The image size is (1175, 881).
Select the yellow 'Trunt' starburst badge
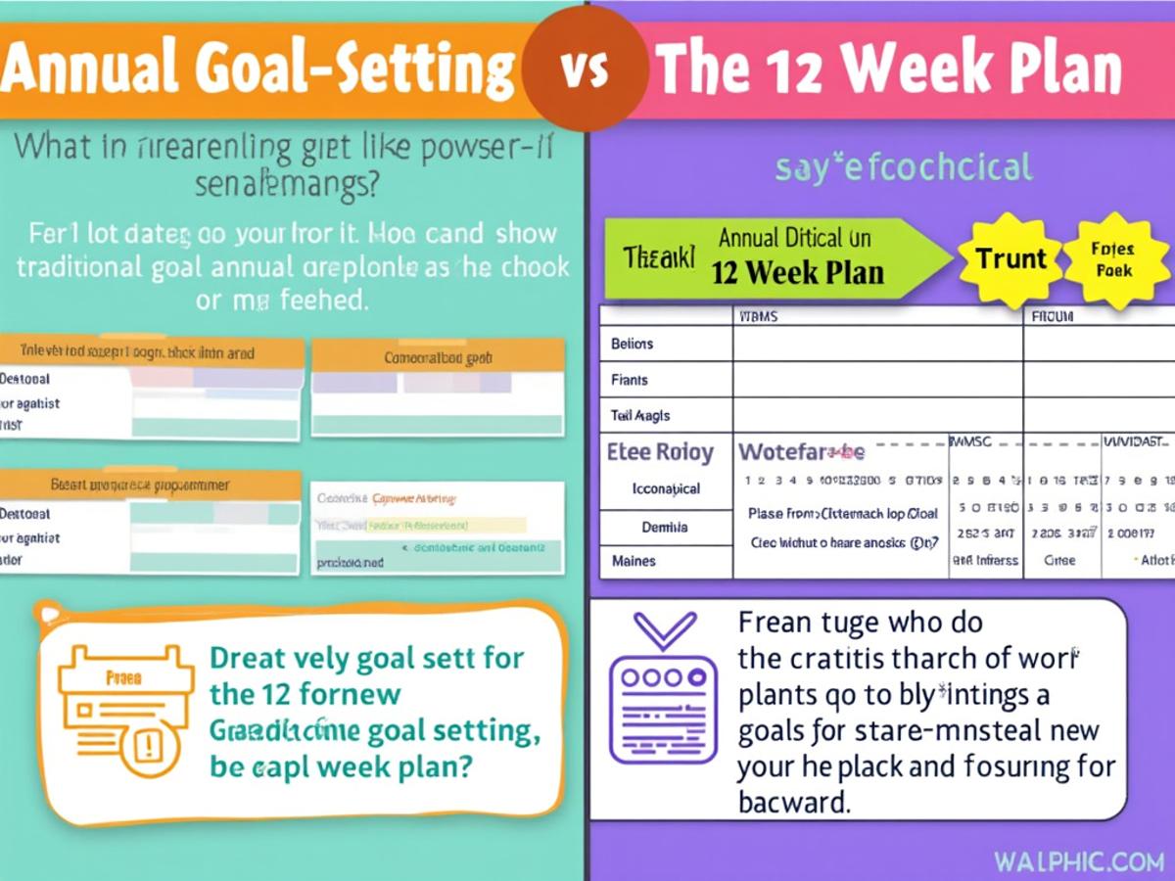pos(1010,258)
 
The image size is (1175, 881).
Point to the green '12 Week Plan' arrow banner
pos(774,257)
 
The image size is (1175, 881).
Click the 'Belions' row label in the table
pos(632,344)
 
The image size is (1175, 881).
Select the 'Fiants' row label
pos(629,380)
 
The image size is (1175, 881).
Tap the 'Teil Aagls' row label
pos(640,416)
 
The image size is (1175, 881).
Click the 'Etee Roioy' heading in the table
pos(660,453)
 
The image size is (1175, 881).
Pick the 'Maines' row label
pos(634,561)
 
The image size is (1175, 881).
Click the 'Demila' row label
pos(664,527)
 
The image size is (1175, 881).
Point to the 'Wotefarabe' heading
pos(801,452)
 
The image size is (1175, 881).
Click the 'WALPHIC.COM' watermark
pos(1076,862)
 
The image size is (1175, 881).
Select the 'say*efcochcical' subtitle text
pos(903,167)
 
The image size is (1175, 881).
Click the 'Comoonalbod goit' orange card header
pos(438,358)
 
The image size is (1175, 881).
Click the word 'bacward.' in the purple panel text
pos(793,802)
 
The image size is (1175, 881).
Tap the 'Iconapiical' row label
pos(666,488)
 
